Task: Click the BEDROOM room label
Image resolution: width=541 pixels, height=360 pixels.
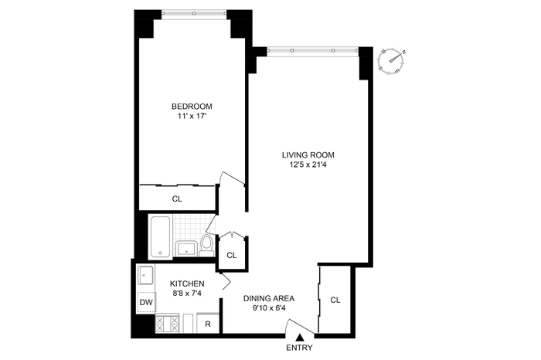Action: click(x=192, y=106)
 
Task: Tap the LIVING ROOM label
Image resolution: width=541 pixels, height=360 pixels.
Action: click(x=308, y=155)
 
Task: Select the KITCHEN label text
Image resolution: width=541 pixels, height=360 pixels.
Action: click(x=187, y=284)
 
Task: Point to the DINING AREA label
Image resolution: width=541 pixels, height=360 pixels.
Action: click(x=269, y=298)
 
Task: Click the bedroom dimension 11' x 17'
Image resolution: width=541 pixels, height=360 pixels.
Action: click(x=192, y=116)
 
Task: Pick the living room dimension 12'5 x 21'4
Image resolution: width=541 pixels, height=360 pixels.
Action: click(x=308, y=165)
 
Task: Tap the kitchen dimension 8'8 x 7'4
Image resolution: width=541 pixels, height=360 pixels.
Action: click(x=187, y=294)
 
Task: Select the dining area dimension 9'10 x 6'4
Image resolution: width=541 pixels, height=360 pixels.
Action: click(x=269, y=308)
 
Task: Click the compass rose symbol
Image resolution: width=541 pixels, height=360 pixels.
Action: click(x=392, y=61)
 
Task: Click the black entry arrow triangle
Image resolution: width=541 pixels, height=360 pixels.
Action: click(x=300, y=338)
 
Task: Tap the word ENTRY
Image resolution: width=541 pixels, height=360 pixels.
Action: click(x=300, y=348)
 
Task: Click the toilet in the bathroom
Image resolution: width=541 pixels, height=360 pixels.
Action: click(x=206, y=246)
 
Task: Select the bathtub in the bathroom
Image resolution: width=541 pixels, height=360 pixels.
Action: click(x=161, y=236)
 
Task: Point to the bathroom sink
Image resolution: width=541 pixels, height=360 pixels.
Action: click(x=186, y=248)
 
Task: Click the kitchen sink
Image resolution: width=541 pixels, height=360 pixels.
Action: click(x=146, y=275)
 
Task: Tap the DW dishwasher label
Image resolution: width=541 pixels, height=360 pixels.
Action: click(x=146, y=302)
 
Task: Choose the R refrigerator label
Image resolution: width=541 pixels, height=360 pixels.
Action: click(x=208, y=324)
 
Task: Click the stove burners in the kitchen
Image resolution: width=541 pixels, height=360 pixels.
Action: click(x=168, y=324)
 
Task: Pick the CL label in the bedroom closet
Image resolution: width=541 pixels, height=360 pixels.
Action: click(x=177, y=199)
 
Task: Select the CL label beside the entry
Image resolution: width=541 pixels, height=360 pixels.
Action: click(x=335, y=300)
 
